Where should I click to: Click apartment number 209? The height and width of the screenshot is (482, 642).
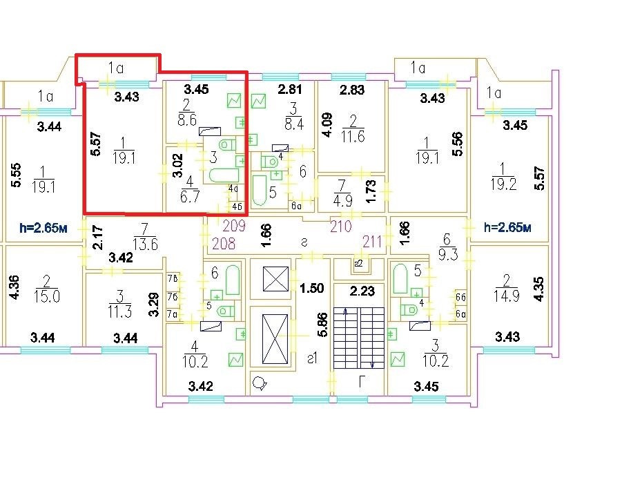coord(234,226)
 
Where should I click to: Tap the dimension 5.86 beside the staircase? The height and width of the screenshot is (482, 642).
coord(322,325)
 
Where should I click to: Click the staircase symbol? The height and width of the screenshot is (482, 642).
coord(359,338)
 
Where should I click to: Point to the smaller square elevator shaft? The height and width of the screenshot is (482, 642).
coord(275,278)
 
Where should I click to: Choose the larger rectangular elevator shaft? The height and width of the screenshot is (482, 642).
coord(275,338)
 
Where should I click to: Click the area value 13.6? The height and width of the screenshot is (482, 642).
coord(146,244)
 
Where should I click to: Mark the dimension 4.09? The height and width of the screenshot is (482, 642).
coord(327,125)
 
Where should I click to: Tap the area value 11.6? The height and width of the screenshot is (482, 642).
coord(353,136)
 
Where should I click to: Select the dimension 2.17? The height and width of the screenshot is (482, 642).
coord(98,237)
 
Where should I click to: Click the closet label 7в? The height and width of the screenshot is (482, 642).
coord(173,278)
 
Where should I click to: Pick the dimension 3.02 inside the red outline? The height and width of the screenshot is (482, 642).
coord(177,165)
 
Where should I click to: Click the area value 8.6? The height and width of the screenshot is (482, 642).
coord(187,120)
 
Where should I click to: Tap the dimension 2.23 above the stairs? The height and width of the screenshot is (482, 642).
coord(362,291)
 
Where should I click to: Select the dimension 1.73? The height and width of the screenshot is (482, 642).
coord(370,190)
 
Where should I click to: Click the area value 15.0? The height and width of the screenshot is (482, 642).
coord(47,296)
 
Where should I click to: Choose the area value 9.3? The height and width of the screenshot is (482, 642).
coord(448,255)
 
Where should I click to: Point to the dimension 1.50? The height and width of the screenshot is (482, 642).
coord(312,288)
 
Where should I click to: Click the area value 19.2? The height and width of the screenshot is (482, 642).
coord(503,184)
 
